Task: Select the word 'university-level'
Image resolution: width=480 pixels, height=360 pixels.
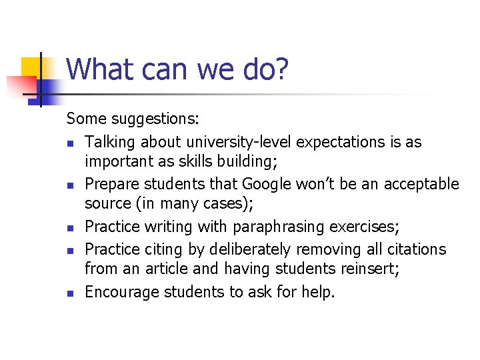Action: coord(240,142)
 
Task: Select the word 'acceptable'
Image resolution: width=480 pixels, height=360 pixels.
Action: coord(419,184)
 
